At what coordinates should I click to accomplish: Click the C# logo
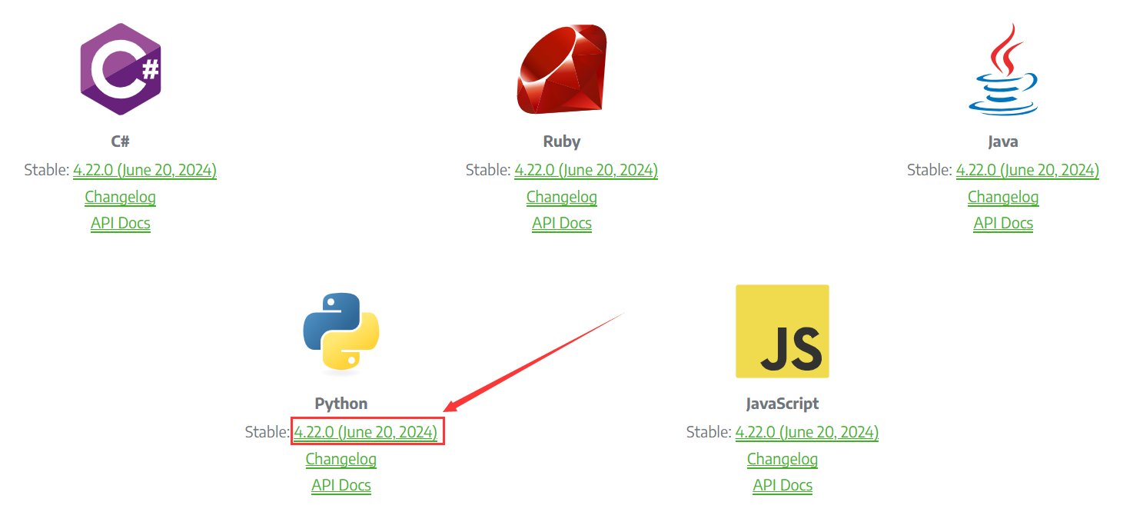click(121, 69)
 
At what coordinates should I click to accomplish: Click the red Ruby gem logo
click(562, 69)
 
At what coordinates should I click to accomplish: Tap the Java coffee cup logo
click(1003, 69)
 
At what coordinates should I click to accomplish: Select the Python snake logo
click(341, 331)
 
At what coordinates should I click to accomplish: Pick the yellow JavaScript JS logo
click(782, 331)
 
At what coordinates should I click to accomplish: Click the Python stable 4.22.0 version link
click(366, 432)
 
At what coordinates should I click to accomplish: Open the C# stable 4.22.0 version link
click(145, 170)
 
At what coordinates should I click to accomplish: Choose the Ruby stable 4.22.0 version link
click(586, 170)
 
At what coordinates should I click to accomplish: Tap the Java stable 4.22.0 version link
click(1027, 170)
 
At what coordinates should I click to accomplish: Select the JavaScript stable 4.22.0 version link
click(806, 432)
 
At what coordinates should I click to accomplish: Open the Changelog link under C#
click(121, 197)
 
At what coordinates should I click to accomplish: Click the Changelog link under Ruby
click(562, 197)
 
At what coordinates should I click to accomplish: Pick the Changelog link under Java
click(1003, 197)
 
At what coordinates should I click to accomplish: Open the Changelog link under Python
click(341, 459)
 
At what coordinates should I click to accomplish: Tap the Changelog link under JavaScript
click(782, 459)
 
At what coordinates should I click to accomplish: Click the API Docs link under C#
click(121, 223)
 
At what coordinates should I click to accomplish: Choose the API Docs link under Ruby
click(562, 223)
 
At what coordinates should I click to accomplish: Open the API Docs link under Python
click(341, 485)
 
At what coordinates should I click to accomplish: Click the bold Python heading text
click(341, 404)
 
